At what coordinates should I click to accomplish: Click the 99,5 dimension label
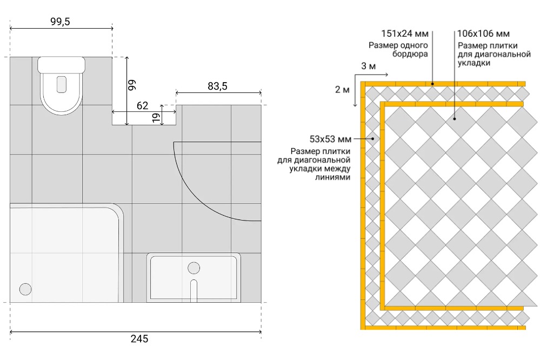60,22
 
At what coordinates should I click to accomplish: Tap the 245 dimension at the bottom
139,338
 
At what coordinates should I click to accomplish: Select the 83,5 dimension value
217,86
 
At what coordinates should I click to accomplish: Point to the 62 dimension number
142,105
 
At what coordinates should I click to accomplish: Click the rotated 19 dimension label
157,117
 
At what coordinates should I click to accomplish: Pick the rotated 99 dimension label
132,85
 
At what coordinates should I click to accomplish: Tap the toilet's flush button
61,84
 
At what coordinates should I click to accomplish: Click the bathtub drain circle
25,289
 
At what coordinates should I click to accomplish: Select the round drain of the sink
194,268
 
